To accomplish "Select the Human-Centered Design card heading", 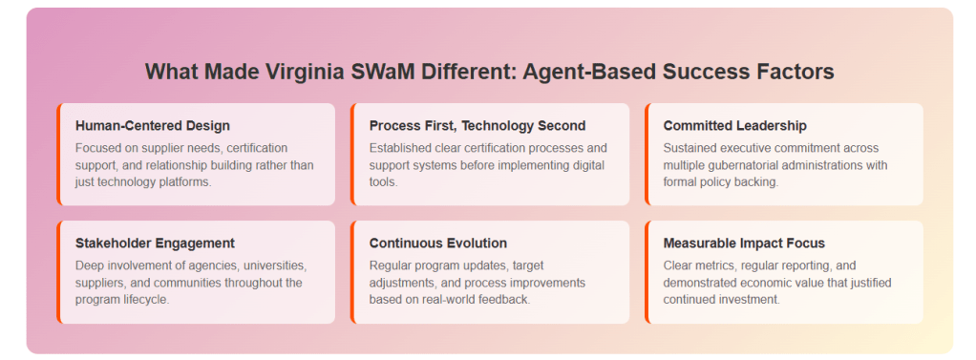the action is coord(153,126).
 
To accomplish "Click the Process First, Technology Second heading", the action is coord(477,126).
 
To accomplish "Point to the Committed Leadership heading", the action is coord(735,126).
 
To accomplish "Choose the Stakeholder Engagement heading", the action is coord(155,243).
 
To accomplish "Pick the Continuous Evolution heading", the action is coord(438,243).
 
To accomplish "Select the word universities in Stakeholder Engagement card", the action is coord(280,266).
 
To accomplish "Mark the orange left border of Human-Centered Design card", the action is coord(58,155).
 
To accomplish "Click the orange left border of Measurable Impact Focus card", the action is coord(647,272).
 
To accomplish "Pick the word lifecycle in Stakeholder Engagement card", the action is coord(146,300).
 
